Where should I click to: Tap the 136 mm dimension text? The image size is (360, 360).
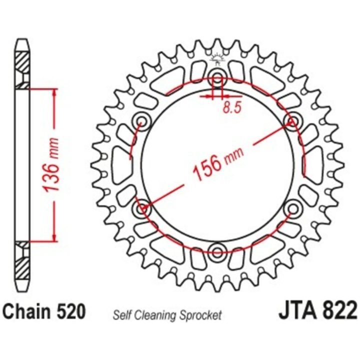51,165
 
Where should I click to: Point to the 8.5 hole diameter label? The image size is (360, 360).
232,107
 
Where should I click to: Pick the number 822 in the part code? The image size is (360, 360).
339,310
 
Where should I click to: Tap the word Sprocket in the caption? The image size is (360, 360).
200,315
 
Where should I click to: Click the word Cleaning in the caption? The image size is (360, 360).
155,315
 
